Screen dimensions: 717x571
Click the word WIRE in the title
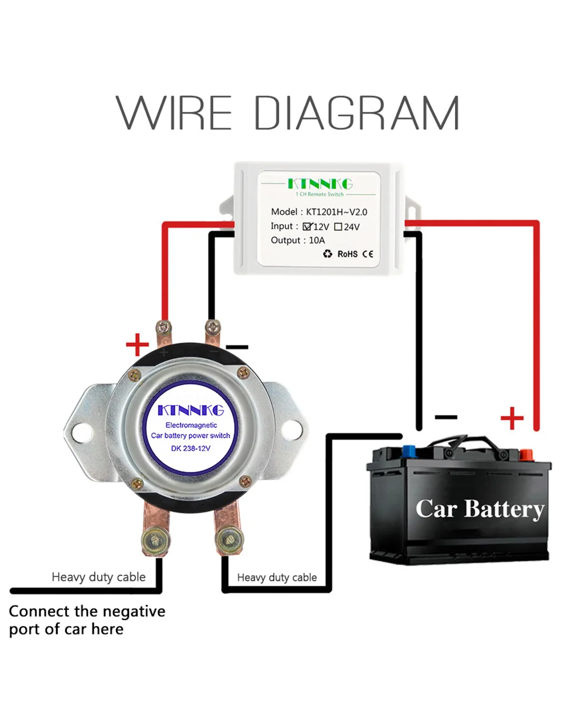tap(174, 113)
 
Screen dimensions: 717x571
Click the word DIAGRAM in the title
tap(357, 113)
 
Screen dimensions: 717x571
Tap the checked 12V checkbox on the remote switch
tap(307, 226)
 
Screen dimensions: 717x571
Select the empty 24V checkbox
tap(338, 226)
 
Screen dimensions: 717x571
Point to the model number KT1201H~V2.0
tap(336, 212)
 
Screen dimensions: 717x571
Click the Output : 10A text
tap(297, 240)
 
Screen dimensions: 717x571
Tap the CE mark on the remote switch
tap(368, 254)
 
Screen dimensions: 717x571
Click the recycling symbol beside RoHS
tap(327, 254)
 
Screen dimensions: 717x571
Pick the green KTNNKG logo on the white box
tap(320, 184)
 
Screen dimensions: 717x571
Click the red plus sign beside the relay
tap(137, 345)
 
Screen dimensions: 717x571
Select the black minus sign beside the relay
tap(237, 346)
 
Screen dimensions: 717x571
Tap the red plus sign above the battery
tap(512, 418)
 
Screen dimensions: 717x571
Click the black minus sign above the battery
tap(446, 417)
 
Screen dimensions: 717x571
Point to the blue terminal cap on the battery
tap(409, 452)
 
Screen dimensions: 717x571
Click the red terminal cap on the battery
tap(525, 455)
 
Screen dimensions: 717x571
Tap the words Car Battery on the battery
tap(479, 508)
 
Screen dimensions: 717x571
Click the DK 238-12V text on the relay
tap(190, 448)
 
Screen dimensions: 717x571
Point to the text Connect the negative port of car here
tap(87, 620)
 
